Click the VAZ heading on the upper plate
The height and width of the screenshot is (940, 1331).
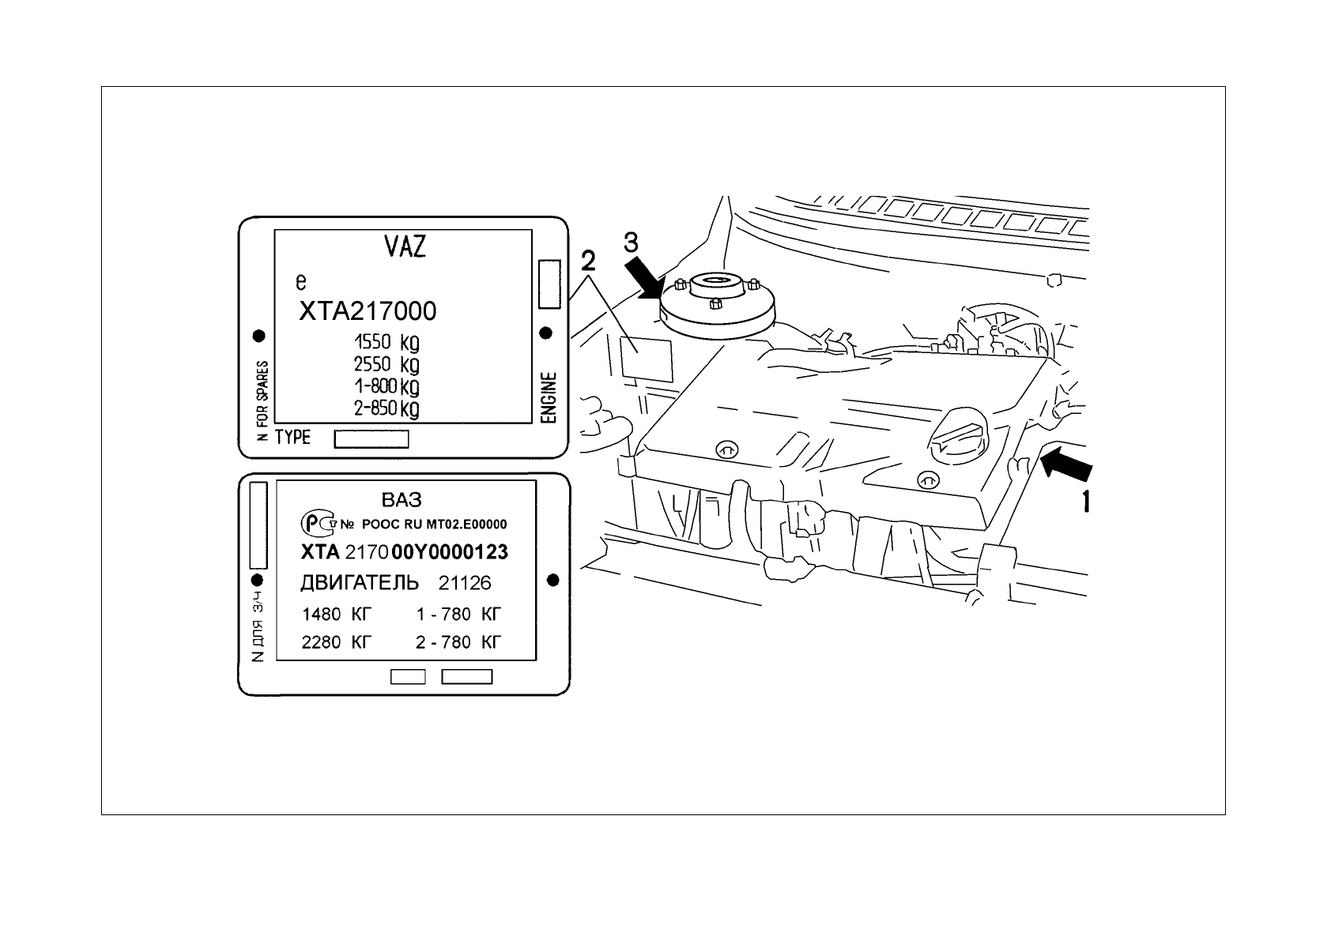(x=405, y=247)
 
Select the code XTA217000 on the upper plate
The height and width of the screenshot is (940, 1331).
(x=367, y=311)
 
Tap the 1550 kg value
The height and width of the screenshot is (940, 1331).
(x=386, y=343)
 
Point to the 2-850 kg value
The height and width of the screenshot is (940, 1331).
(x=386, y=408)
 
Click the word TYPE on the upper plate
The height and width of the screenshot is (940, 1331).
(x=292, y=438)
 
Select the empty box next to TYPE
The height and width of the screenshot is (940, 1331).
(x=371, y=438)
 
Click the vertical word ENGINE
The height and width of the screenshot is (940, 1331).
(x=549, y=398)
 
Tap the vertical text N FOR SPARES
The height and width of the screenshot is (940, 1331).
(x=262, y=401)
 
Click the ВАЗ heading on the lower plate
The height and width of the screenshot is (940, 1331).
(x=402, y=500)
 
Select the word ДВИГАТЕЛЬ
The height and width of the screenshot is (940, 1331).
(x=360, y=583)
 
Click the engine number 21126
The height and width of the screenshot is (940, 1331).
(x=465, y=584)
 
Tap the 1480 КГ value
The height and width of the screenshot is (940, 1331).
(x=337, y=614)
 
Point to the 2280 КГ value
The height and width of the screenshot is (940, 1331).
(x=337, y=642)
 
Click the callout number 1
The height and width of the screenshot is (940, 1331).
(x=1086, y=501)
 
